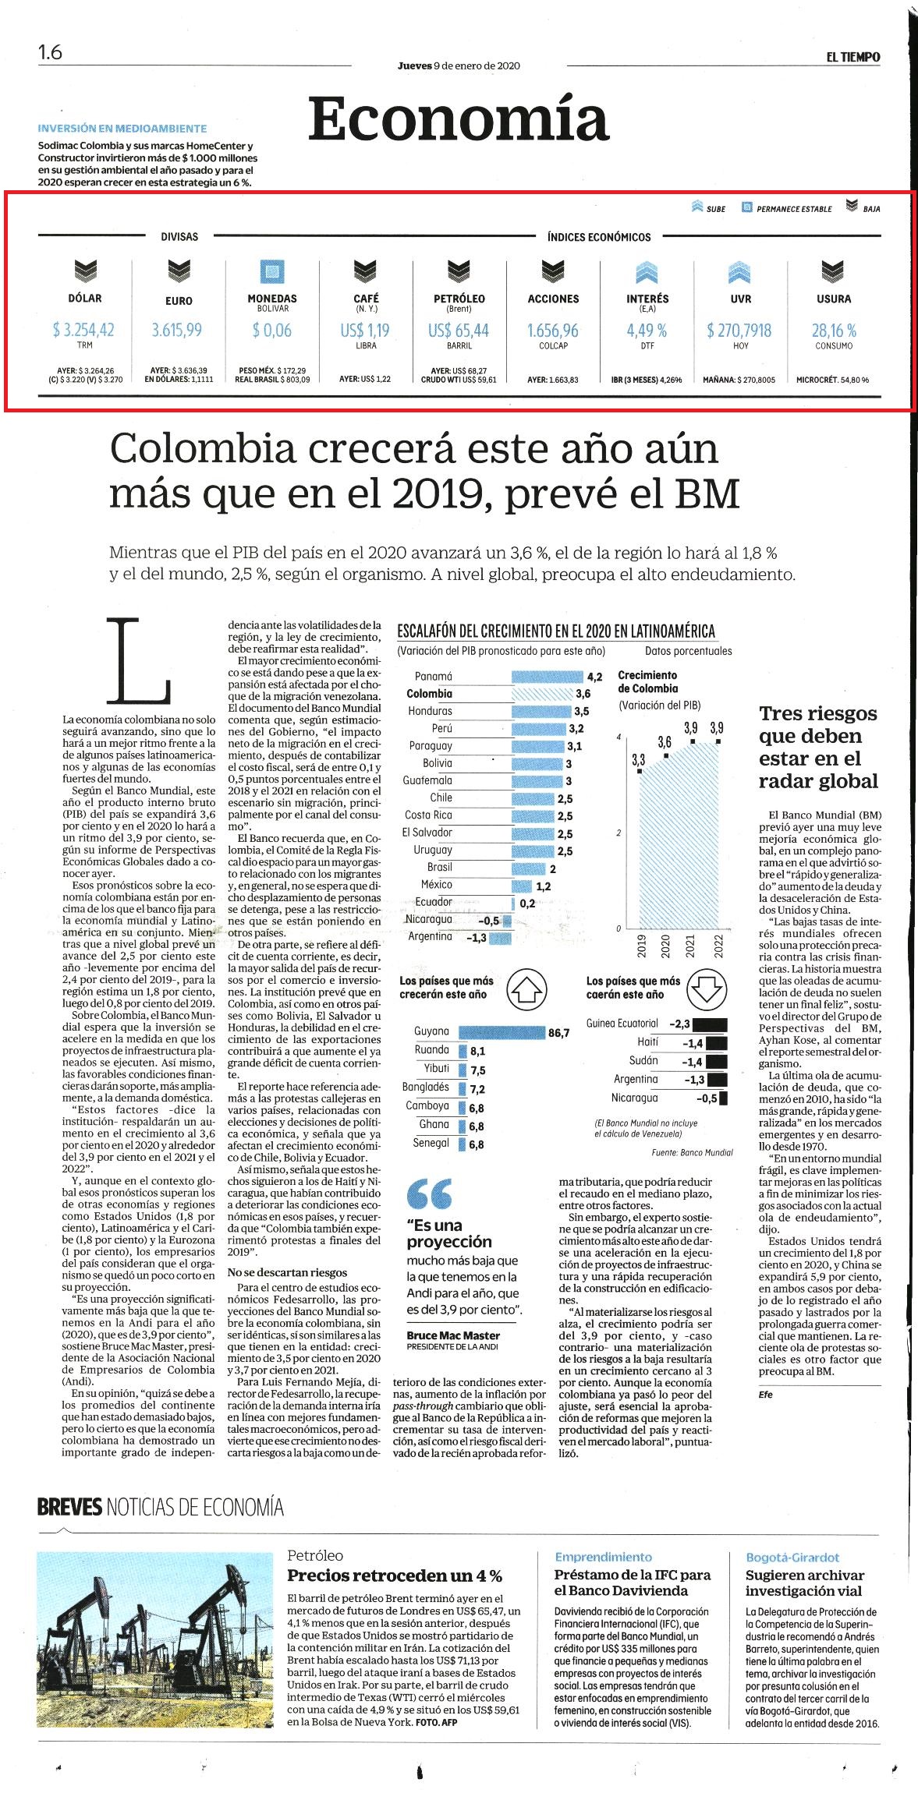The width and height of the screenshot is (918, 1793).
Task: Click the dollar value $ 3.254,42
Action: click(83, 331)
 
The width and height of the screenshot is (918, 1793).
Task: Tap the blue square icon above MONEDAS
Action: click(272, 271)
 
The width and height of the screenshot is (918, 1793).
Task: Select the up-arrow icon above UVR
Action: click(740, 272)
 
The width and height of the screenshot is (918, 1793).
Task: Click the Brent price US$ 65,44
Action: click(459, 331)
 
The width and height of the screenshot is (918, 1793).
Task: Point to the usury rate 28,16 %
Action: click(834, 331)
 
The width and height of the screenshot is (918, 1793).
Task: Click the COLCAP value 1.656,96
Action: click(553, 331)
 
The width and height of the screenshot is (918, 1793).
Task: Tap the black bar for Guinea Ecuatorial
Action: click(710, 1024)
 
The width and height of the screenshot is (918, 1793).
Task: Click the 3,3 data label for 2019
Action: click(638, 759)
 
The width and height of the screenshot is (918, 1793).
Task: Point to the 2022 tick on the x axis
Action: click(718, 946)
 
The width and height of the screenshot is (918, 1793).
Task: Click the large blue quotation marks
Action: click(429, 1194)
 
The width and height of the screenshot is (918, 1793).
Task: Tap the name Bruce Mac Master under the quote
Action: click(453, 1335)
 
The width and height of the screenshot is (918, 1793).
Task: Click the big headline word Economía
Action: click(458, 119)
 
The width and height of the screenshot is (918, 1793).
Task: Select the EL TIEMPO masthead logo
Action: click(853, 57)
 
